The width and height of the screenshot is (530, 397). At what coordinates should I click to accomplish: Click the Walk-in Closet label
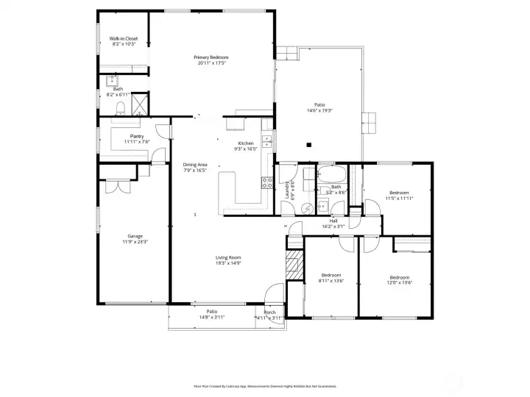(x=124, y=38)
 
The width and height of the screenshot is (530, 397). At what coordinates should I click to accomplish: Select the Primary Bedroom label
(x=211, y=57)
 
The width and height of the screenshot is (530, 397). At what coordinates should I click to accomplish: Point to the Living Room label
(x=228, y=257)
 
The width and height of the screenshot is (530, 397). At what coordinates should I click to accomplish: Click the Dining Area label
(x=194, y=165)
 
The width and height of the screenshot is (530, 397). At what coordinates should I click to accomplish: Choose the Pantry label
(x=137, y=136)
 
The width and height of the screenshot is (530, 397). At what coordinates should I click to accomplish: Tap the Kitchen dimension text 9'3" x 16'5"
(x=245, y=149)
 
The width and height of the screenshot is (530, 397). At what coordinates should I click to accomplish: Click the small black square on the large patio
(x=309, y=144)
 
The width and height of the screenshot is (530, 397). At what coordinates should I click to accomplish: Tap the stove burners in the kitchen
(x=266, y=183)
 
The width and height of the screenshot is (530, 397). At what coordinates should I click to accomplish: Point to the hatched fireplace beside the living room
(x=294, y=263)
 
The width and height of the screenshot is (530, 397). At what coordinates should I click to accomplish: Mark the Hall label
(x=333, y=221)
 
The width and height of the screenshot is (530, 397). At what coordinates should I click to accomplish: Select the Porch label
(x=270, y=312)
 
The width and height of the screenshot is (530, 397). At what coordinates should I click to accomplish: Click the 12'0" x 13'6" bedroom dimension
(x=400, y=282)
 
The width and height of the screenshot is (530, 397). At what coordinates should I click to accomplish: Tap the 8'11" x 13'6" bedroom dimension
(x=331, y=280)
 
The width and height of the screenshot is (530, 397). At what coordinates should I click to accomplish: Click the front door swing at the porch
(x=273, y=295)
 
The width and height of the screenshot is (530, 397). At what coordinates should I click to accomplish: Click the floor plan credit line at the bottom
(x=265, y=385)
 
